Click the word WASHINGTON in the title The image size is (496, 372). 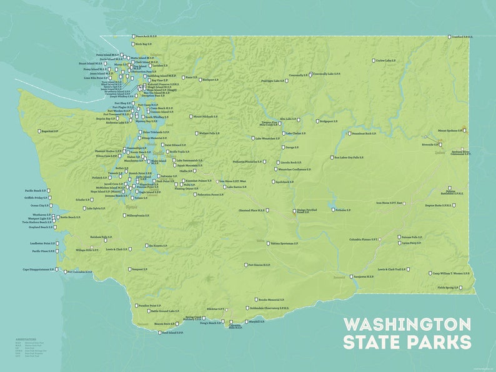[407, 325]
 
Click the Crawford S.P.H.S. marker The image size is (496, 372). [449, 37]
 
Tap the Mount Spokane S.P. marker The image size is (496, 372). [465, 130]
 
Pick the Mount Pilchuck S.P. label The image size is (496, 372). [205, 117]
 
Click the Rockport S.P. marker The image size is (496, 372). [199, 80]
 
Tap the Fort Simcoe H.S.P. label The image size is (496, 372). [259, 265]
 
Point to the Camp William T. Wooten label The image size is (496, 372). [449, 273]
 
